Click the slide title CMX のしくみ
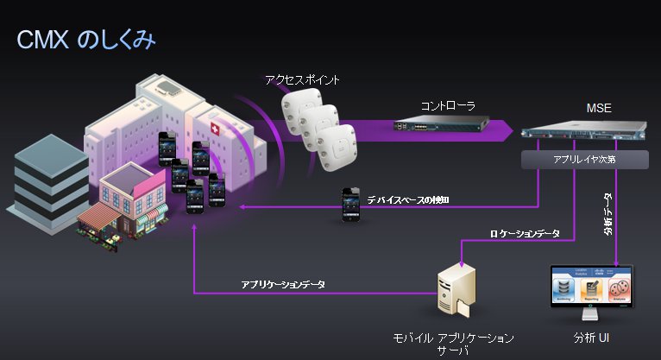click(x=85, y=41)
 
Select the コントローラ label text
click(x=448, y=105)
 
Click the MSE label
click(x=598, y=110)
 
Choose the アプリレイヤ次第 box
click(x=585, y=160)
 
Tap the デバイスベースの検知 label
click(x=408, y=200)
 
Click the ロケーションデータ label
click(x=525, y=233)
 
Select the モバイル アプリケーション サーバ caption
click(x=453, y=342)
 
